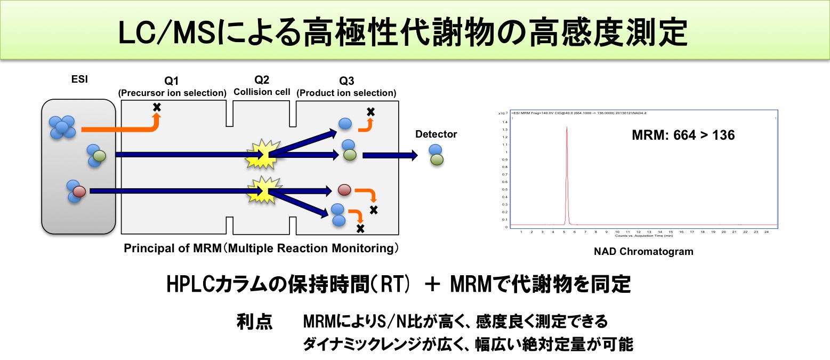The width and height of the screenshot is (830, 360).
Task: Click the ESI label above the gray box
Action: point(79,81)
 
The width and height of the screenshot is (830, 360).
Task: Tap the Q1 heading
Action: point(172,81)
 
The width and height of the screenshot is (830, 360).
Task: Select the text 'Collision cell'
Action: point(262,92)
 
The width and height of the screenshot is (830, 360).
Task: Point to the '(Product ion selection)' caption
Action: point(346,93)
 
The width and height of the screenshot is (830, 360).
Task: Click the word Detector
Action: point(436,134)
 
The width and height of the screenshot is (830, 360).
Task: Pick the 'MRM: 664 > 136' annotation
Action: point(683,135)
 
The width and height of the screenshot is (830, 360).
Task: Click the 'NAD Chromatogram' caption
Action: point(643,251)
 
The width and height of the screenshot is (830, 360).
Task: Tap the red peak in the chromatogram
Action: point(567,160)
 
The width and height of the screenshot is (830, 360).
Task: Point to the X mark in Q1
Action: point(157,107)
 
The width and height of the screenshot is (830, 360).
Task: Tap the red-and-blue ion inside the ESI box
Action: point(76,191)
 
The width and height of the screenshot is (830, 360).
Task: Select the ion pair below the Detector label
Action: point(436,154)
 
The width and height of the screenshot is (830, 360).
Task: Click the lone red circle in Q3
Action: point(344,190)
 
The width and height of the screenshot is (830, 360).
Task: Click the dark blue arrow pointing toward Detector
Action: point(390,156)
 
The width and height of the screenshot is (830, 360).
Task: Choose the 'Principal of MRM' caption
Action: point(261,249)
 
